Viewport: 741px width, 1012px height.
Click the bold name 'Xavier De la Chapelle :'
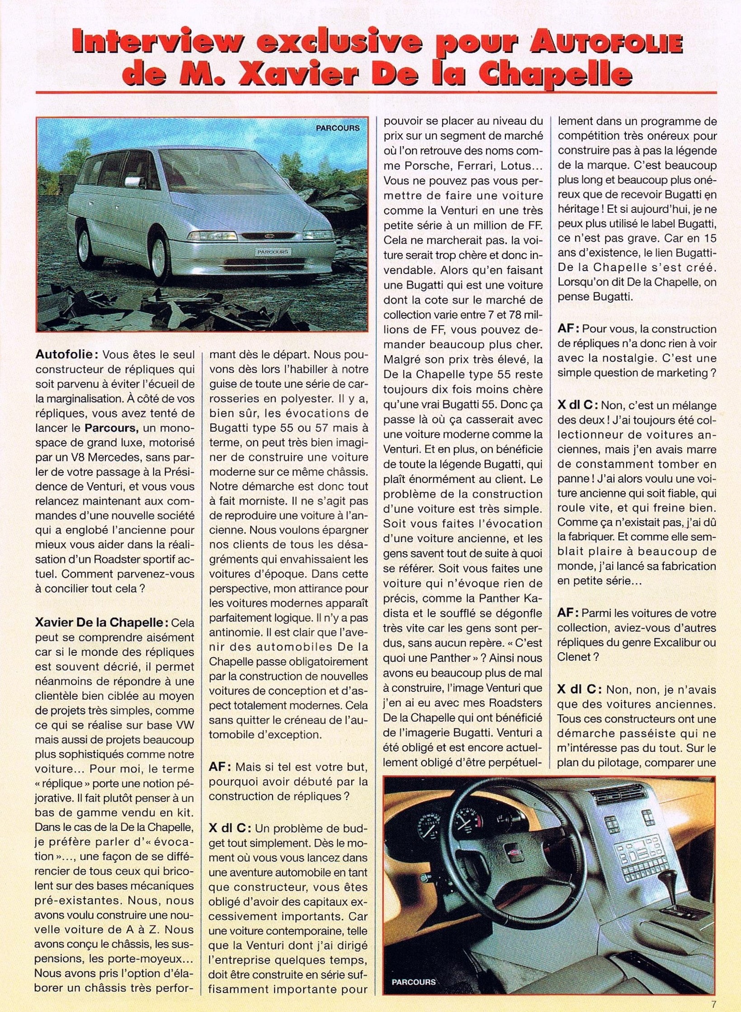pyautogui.click(x=101, y=622)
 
